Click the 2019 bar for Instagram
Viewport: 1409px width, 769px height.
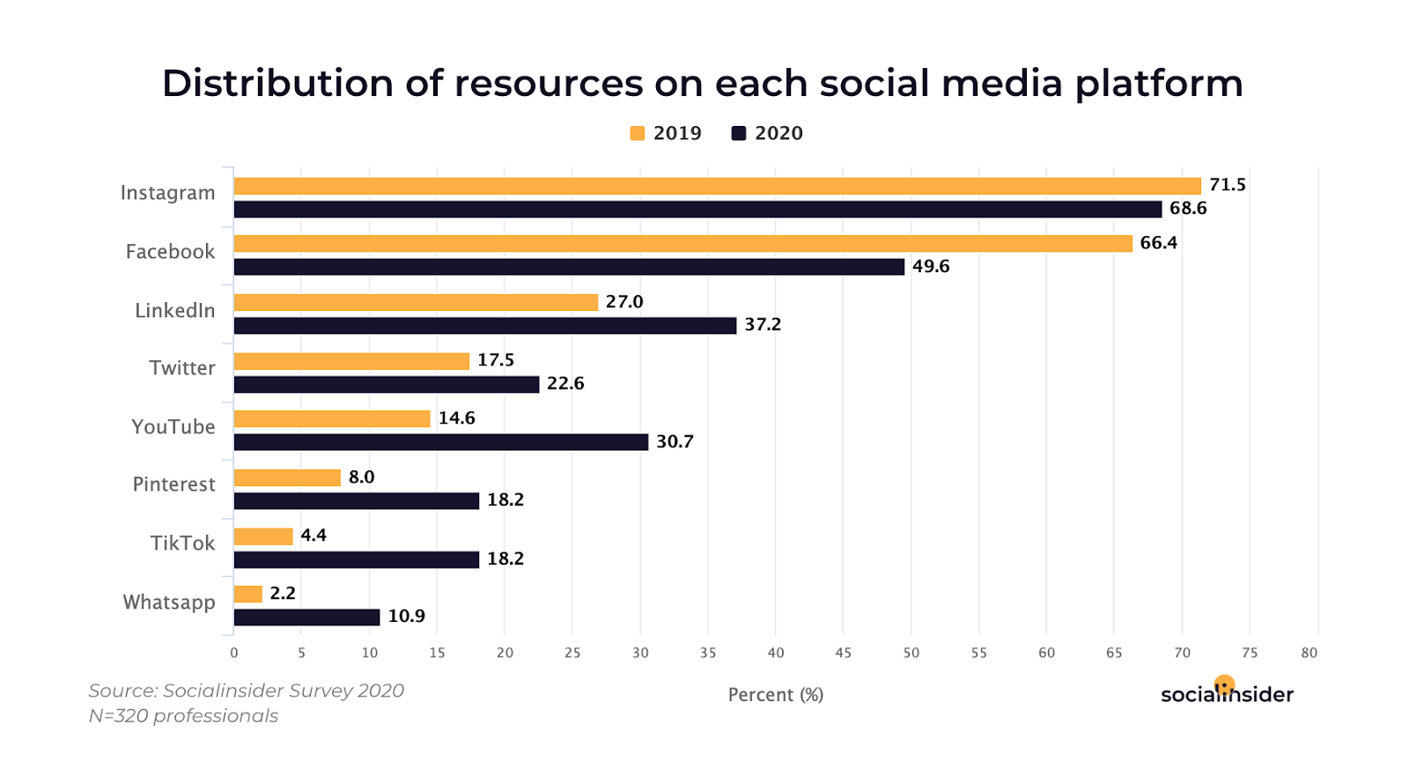[717, 186]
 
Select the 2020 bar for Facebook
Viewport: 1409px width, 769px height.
[569, 267]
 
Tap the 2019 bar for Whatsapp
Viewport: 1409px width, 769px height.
[248, 595]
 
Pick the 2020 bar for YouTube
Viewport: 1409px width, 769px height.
[440, 442]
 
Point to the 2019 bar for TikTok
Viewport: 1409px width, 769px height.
[263, 536]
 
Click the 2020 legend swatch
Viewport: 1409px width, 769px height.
[739, 133]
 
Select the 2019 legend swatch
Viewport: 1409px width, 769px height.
[638, 133]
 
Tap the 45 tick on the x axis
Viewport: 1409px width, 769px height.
[843, 653]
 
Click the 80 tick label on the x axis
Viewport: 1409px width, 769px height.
[1309, 653]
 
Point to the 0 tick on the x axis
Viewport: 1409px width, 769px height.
[233, 653]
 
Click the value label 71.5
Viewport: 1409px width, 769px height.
[1227, 185]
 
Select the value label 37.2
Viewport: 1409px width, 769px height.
[763, 325]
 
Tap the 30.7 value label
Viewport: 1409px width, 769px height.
[675, 442]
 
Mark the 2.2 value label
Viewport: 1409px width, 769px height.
[283, 594]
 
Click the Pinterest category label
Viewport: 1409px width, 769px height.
[173, 484]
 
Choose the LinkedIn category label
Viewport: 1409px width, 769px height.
[174, 311]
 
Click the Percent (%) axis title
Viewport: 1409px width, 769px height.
[775, 695]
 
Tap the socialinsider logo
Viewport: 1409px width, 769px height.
[1227, 693]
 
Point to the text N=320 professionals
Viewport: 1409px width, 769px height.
[183, 716]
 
